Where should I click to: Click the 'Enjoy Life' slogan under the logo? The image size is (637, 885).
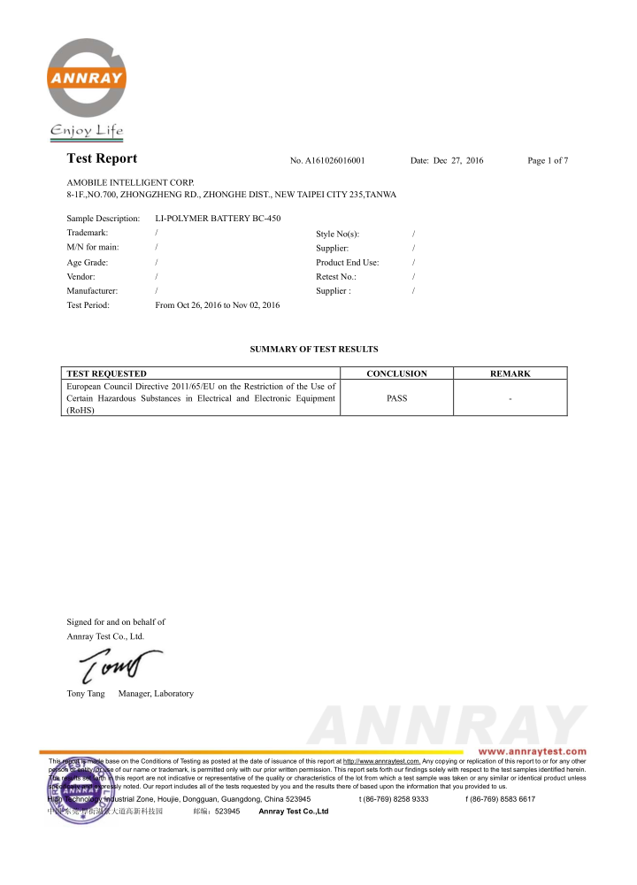pos(87,132)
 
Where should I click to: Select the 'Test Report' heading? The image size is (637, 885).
pos(102,159)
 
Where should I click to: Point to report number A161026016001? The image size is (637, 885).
pos(327,161)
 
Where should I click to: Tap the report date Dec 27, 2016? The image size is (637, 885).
pos(447,161)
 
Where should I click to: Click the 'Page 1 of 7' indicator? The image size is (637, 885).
pos(547,161)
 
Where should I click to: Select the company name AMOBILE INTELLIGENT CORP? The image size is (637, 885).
pos(130,181)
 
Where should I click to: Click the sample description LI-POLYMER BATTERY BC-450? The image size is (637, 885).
pos(218,218)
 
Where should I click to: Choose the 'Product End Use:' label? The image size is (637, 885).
pos(347,263)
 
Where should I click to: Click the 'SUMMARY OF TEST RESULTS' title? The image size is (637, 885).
pos(314,350)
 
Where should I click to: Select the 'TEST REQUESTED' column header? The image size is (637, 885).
pos(107,374)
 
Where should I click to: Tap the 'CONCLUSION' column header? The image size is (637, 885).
pos(396,374)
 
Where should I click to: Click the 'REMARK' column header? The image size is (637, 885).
pos(510,374)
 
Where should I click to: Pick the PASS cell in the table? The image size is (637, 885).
pos(396,398)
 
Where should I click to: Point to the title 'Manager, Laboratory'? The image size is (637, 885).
pos(156,694)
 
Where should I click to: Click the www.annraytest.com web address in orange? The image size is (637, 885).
pos(532,751)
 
